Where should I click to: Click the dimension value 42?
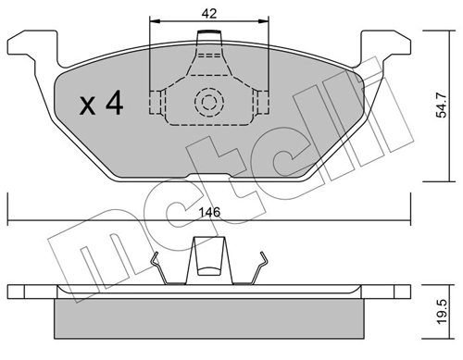click(209, 14)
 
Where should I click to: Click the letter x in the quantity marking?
click(88, 106)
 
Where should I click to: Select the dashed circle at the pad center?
click(209, 102)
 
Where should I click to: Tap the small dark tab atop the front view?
click(210, 35)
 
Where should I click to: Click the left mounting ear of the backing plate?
click(35, 44)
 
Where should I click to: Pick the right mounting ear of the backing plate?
click(385, 44)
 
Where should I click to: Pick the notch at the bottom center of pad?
click(209, 177)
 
